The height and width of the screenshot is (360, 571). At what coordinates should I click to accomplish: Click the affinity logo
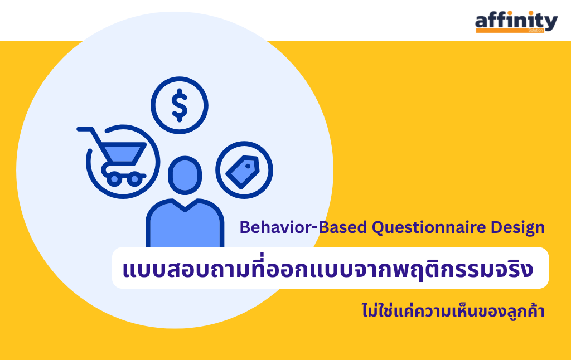[516, 22]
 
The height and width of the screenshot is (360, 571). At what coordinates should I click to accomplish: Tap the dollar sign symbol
[180, 105]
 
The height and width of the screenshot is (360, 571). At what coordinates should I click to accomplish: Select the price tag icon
[243, 172]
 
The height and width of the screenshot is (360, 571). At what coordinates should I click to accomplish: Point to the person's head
[185, 175]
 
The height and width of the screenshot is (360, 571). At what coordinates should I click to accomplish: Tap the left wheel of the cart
[114, 179]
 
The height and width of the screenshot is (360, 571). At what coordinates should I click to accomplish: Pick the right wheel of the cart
[135, 179]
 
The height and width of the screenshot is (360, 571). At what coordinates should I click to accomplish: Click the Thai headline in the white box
[328, 269]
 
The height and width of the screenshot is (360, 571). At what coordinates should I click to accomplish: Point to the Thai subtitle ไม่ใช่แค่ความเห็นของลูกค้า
[453, 310]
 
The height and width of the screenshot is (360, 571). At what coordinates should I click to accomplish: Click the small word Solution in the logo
[535, 30]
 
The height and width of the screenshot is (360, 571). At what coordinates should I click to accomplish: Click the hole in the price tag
[248, 166]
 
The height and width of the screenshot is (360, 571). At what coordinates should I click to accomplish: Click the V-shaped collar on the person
[185, 205]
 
